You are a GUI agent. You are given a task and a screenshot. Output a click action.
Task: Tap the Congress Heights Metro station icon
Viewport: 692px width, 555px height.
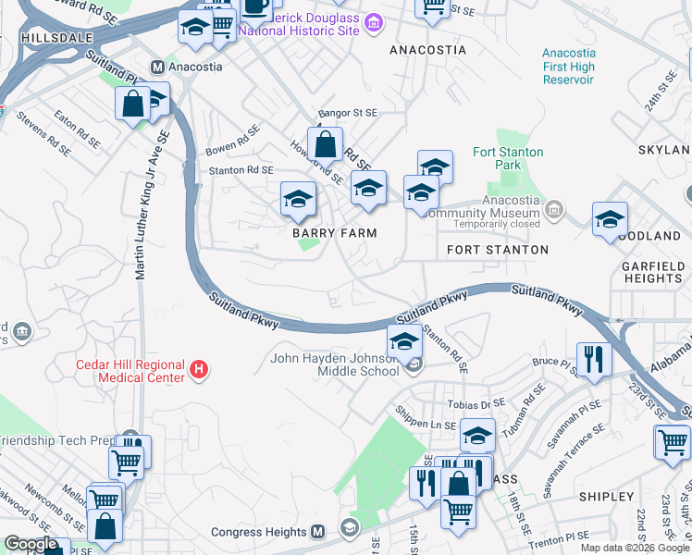318,532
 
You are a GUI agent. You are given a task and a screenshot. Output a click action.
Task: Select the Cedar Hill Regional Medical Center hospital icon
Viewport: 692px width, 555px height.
197,371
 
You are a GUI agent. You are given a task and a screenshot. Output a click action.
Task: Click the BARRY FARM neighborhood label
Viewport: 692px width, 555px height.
335,233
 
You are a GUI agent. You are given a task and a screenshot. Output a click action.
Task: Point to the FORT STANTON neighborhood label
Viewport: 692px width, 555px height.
498,250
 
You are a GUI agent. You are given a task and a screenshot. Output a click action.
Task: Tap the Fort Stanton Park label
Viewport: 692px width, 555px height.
508,158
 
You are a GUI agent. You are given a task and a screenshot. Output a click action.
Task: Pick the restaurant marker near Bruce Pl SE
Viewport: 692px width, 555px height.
591,358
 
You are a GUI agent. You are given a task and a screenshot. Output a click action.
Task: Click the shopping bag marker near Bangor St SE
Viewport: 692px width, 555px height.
326,144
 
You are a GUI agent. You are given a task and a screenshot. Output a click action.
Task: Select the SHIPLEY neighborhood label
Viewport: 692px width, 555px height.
607,497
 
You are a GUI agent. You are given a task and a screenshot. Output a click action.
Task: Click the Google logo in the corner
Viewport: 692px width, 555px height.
31,544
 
